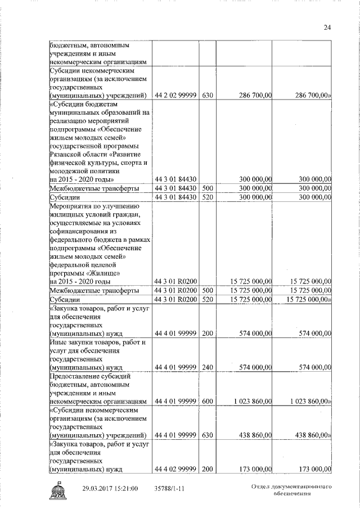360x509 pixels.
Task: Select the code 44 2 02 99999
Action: (175, 96)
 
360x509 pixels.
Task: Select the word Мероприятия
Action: (71, 205)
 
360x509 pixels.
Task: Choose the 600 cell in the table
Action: (207, 402)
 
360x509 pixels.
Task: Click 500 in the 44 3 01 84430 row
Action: (207, 188)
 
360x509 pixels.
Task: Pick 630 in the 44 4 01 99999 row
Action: (207, 435)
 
